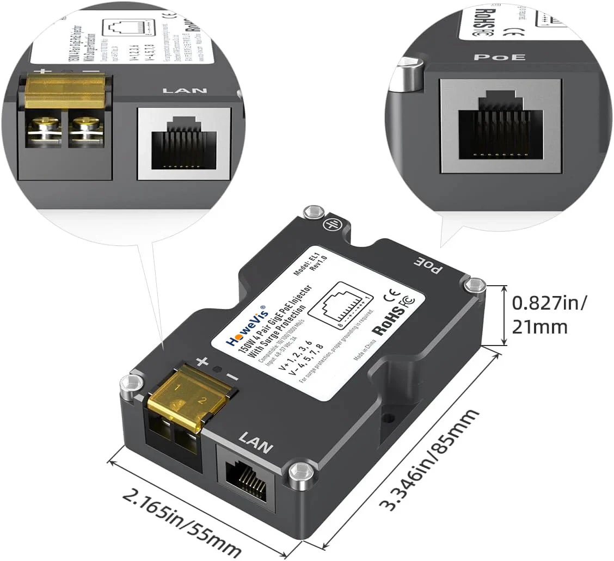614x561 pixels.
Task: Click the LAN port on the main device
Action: (x=246, y=477)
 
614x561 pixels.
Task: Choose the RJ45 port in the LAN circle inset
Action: (x=184, y=142)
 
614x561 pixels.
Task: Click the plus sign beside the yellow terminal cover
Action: (x=202, y=361)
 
